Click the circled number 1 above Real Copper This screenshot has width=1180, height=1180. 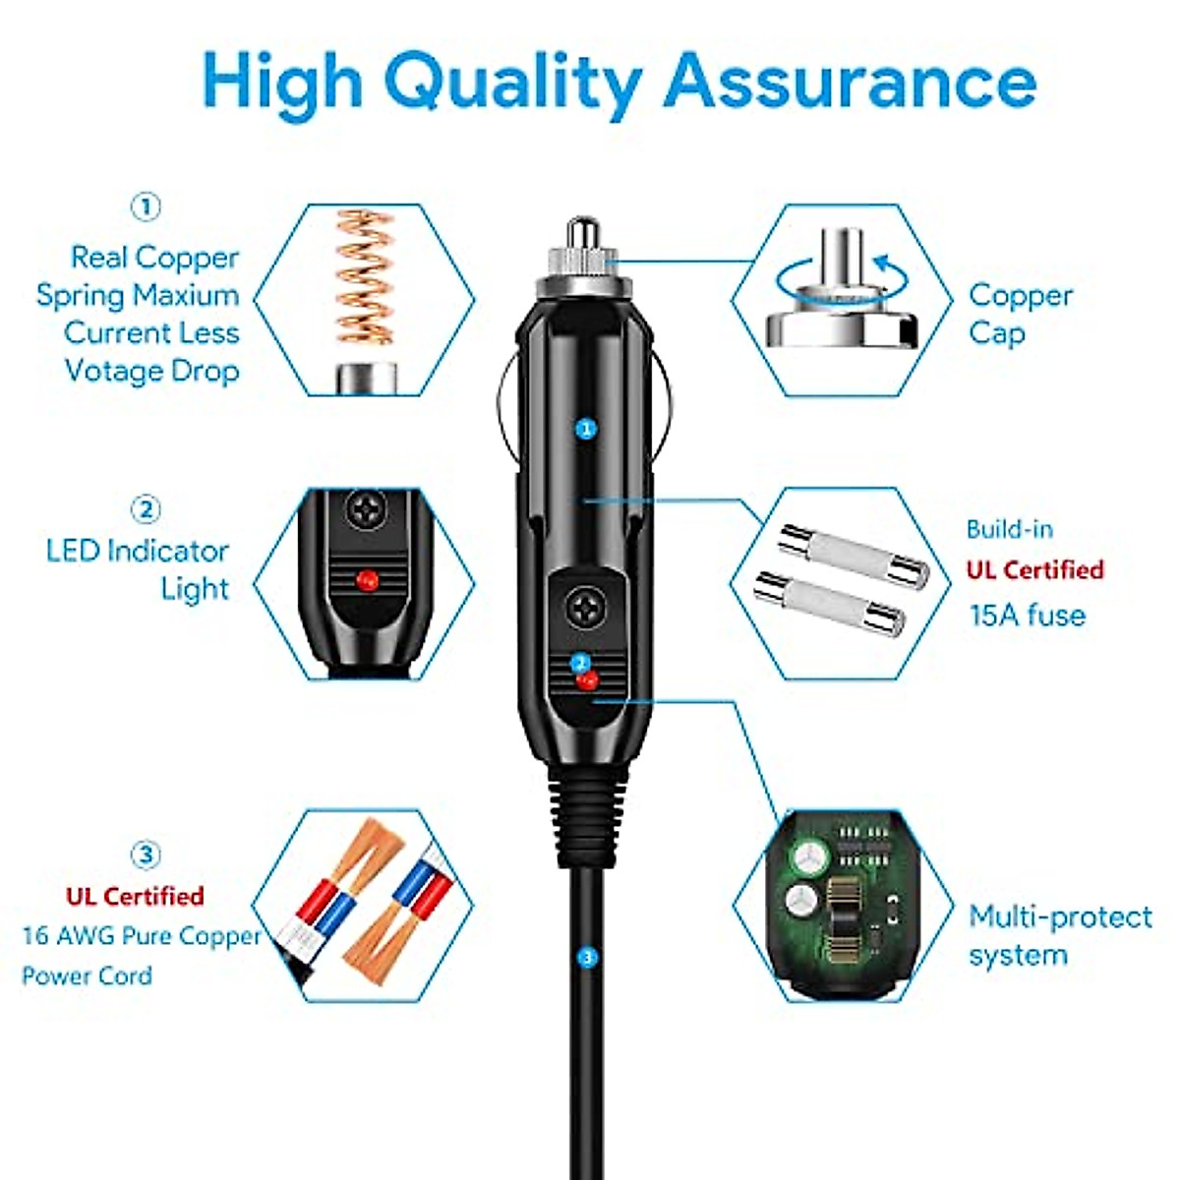(x=146, y=207)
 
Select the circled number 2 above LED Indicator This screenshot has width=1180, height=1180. (x=146, y=509)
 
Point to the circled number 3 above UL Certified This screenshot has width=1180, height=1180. (x=146, y=855)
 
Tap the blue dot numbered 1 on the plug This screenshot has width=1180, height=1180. (x=586, y=429)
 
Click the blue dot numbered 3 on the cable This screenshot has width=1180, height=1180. (x=588, y=956)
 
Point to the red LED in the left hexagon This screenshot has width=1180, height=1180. (x=367, y=578)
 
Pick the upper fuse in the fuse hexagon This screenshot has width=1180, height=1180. (x=854, y=556)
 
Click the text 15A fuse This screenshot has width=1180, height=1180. (x=1028, y=616)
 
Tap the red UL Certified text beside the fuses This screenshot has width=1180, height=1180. (x=1034, y=570)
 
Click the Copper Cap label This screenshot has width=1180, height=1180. (x=1020, y=314)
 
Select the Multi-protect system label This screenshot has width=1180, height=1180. (x=1059, y=935)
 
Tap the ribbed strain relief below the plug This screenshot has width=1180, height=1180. (x=587, y=806)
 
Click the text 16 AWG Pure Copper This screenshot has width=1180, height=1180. (x=141, y=935)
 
